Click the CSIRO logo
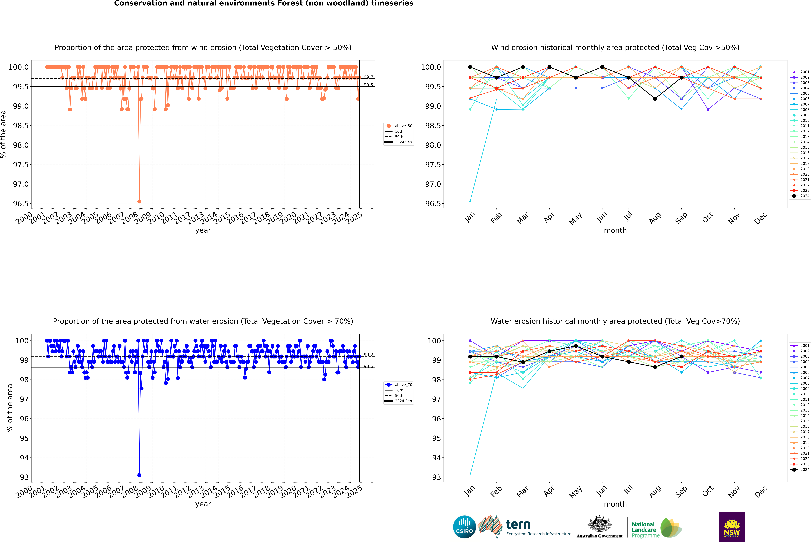pyautogui.click(x=464, y=527)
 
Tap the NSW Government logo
pyautogui.click(x=732, y=527)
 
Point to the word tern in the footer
pyautogui.click(x=518, y=524)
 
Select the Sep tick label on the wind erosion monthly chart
pyautogui.click(x=681, y=218)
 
